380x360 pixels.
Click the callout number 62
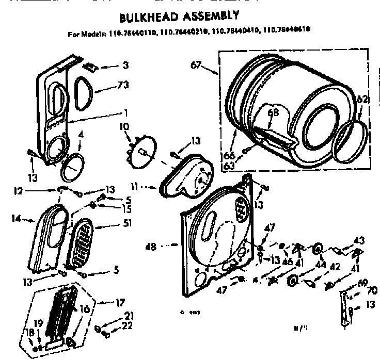362,100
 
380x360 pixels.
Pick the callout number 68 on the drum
273,112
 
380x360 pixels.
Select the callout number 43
359,240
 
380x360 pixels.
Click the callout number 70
372,290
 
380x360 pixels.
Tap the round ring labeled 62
353,139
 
